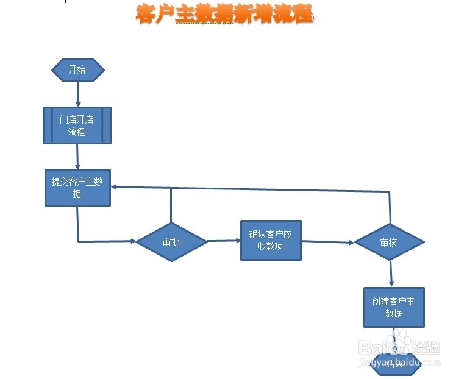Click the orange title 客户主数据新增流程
pos(224,15)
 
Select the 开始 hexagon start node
pos(77,70)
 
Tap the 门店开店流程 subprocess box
pos(77,126)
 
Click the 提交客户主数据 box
pos(77,187)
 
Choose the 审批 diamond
pos(171,242)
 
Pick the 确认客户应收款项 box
pos(271,241)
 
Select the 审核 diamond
pos(389,243)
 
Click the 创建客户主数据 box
pos(394,307)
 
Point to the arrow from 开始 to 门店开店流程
pos(78,94)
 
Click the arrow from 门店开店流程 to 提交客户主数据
pos(77,157)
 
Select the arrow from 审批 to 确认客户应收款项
pos(224,241)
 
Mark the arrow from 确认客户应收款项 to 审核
pos(327,242)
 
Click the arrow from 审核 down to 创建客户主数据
pos(391,274)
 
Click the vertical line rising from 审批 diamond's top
pos(171,205)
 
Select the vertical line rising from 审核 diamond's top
pos(389,207)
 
